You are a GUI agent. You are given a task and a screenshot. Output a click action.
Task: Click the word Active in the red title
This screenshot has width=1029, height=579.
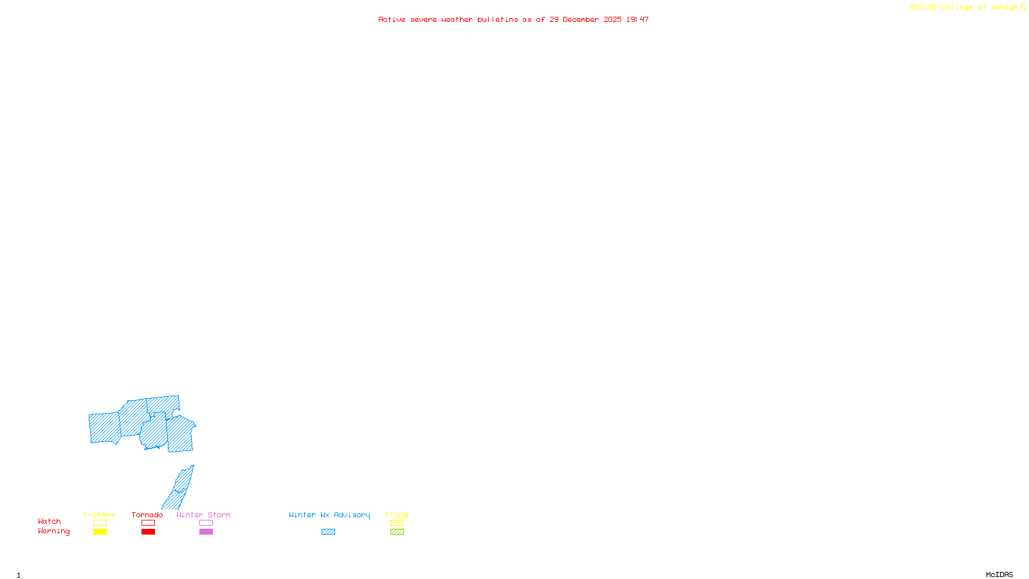392,19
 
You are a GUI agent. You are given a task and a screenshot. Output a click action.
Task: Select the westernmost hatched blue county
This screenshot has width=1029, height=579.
104,428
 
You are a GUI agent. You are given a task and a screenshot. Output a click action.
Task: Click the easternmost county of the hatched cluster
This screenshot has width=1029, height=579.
181,434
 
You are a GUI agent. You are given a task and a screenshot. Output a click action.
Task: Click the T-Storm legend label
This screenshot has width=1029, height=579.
99,515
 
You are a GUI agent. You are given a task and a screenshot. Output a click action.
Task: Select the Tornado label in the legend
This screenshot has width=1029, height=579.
147,515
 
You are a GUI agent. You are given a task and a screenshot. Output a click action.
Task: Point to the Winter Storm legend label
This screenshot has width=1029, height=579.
203,515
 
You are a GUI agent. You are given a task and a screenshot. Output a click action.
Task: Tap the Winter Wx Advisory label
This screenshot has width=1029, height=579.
329,515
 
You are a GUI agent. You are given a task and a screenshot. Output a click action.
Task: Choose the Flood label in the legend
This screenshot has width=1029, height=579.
397,515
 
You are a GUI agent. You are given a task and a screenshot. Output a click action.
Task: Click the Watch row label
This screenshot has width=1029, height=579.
50,521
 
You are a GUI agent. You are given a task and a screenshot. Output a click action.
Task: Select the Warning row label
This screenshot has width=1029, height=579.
53,531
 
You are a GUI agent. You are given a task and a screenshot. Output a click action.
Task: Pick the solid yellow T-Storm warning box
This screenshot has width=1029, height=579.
100,532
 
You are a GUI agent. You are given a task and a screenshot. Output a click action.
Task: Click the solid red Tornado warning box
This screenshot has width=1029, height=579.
149,532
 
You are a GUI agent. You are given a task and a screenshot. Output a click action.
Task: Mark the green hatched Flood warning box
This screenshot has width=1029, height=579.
397,532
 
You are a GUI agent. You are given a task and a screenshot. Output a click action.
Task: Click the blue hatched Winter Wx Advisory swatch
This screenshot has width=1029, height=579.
328,532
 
